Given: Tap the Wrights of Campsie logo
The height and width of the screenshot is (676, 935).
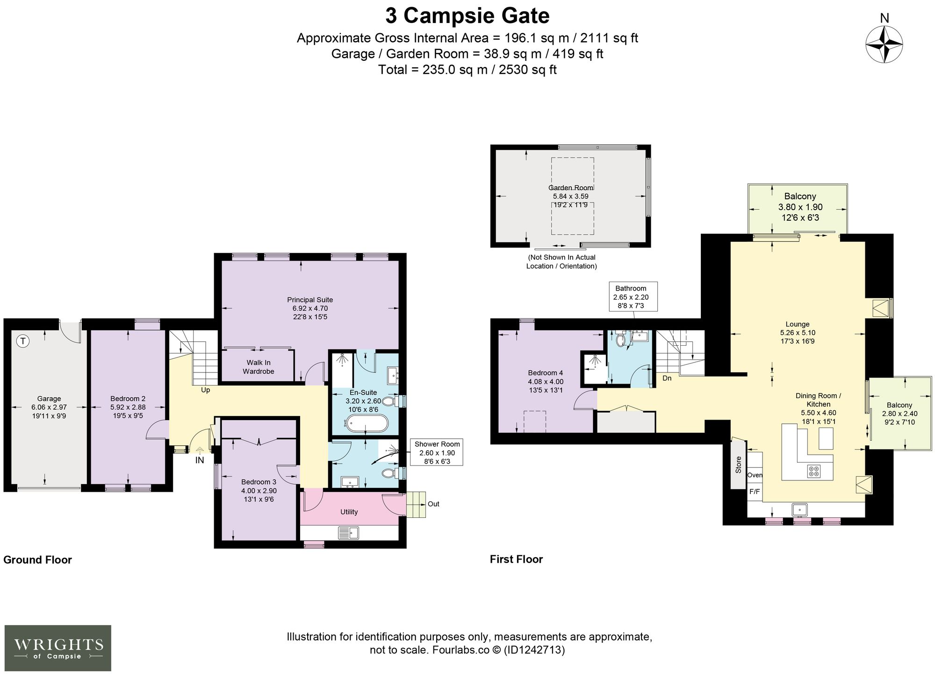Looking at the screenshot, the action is [58, 648].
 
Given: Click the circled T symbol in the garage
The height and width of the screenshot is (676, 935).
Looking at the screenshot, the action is [22, 342].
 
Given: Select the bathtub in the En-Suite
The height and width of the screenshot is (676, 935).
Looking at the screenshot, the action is [367, 424].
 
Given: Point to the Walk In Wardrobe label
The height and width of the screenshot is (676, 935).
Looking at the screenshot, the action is [258, 367].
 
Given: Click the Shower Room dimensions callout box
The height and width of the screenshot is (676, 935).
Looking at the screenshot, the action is [437, 452].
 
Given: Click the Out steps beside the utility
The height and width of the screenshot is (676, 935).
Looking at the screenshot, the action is [416, 504].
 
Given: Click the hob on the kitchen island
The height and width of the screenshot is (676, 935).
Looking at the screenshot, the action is [813, 471].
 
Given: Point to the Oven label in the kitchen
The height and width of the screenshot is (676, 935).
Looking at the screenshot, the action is [755, 475].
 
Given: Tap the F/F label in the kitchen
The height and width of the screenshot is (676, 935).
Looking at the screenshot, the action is [755, 492].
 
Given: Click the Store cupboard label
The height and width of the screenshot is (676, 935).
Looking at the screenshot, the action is [739, 465].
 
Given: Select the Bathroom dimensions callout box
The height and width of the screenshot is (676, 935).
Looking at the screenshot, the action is [633, 297].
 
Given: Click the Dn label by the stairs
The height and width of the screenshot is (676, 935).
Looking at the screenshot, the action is [667, 378].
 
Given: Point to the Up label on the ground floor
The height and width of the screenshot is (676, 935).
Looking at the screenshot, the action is [205, 390].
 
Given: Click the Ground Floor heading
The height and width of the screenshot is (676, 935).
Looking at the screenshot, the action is [37, 560].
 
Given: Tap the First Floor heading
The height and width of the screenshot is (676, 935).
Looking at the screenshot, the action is [516, 559].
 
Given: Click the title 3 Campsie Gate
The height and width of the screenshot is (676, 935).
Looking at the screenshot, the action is [467, 15].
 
